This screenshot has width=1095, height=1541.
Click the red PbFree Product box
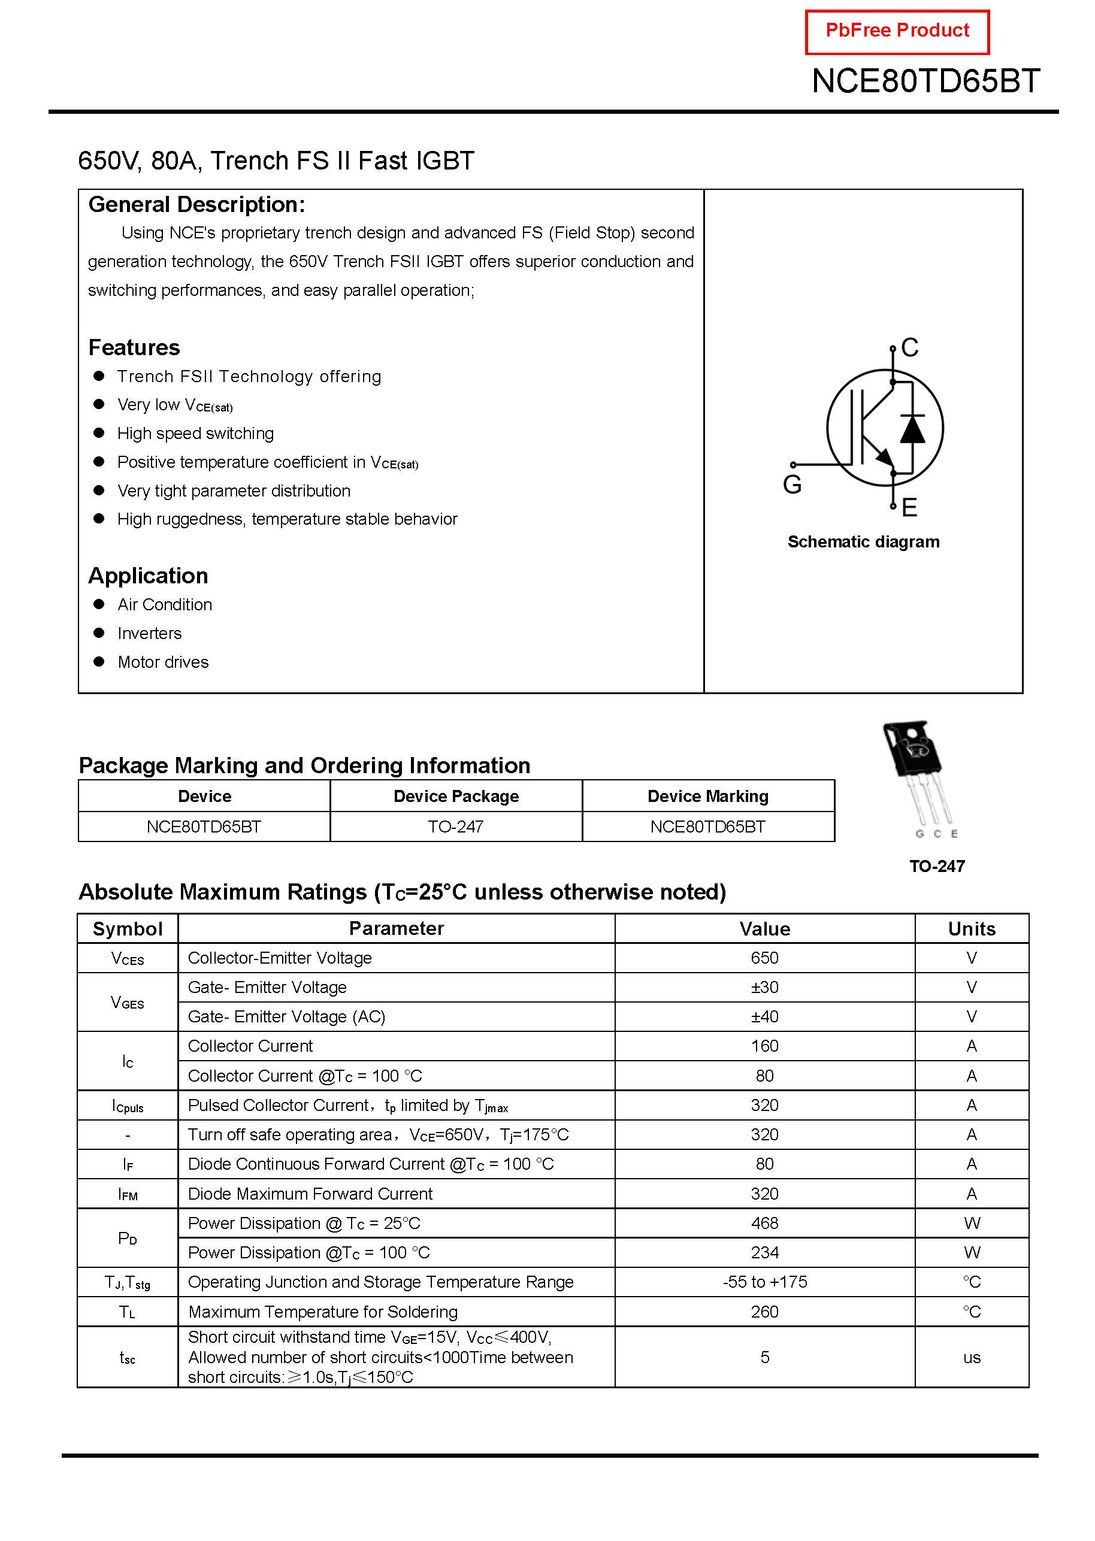click(x=897, y=32)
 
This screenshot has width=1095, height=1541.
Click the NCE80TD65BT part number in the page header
click(x=925, y=81)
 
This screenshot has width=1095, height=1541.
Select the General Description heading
click(x=196, y=205)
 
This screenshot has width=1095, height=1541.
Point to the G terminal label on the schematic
click(x=792, y=485)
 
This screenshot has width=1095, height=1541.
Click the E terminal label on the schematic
click(x=909, y=508)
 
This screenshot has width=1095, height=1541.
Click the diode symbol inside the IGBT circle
click(x=912, y=429)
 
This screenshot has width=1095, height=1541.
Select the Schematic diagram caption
click(x=863, y=542)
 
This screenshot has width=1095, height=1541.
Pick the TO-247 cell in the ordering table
click(x=456, y=827)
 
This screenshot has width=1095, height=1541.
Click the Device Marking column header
click(x=708, y=797)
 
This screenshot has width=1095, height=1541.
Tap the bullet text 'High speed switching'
click(x=195, y=434)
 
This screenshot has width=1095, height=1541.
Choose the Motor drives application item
click(x=163, y=662)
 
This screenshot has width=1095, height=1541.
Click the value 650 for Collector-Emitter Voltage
click(x=764, y=958)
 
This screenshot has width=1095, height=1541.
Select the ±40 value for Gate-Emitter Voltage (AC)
click(x=764, y=1016)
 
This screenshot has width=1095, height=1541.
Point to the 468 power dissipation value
click(x=764, y=1224)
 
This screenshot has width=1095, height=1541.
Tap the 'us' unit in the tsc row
click(x=972, y=1358)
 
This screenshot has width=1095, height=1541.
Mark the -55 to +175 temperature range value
click(x=764, y=1282)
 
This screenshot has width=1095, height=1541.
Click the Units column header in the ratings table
click(x=972, y=929)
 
